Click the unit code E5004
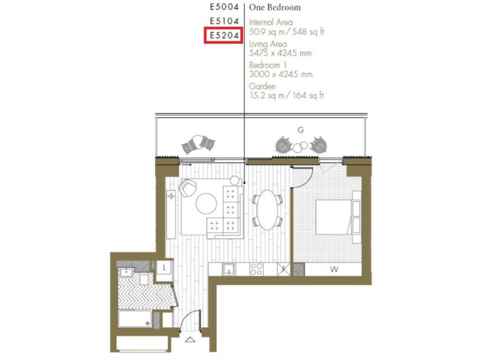click(x=224, y=7)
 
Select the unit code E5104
click(x=224, y=22)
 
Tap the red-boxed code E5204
click(x=224, y=36)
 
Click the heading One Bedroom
click(x=275, y=7)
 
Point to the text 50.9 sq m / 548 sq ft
click(x=286, y=31)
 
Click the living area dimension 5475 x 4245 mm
click(x=280, y=53)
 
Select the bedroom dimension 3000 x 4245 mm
click(x=281, y=74)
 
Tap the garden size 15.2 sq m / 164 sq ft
click(x=286, y=96)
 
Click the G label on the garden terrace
click(x=301, y=130)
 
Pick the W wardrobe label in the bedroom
click(x=334, y=270)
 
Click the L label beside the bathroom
click(x=164, y=267)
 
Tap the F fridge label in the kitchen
click(x=283, y=270)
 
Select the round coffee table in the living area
click(x=207, y=204)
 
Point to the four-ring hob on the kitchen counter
click(x=256, y=269)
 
